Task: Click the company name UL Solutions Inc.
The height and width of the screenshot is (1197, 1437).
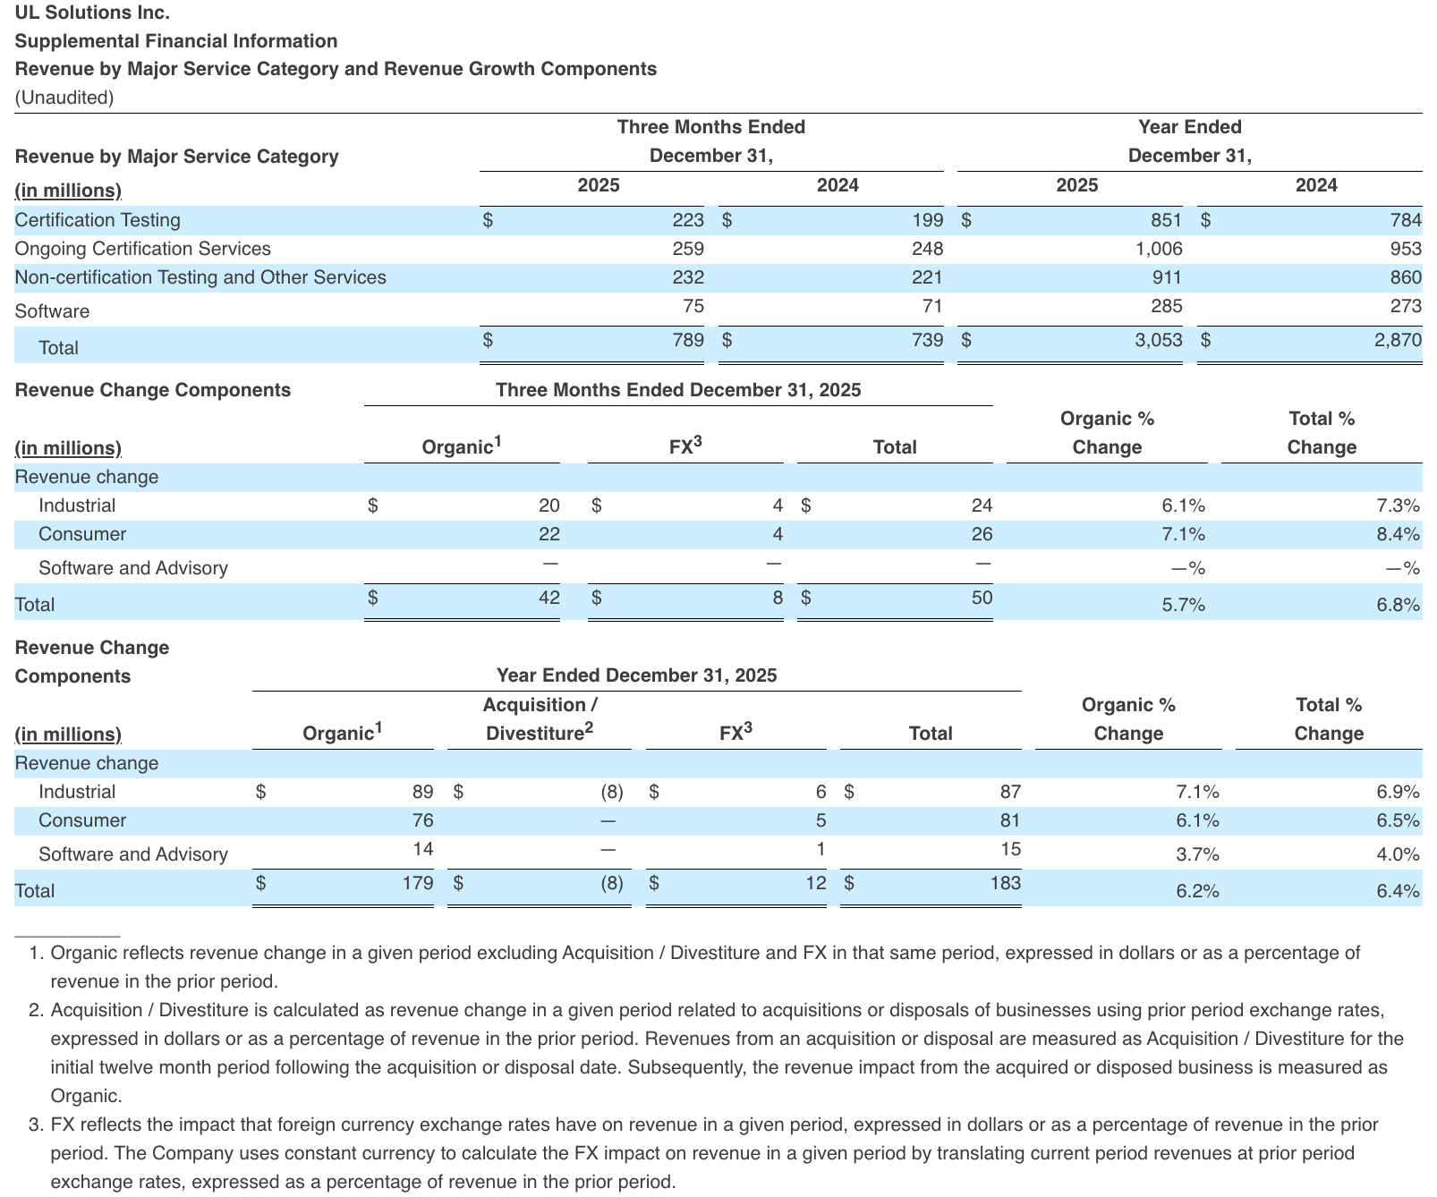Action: [x=92, y=13]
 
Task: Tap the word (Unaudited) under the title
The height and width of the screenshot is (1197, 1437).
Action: [x=64, y=98]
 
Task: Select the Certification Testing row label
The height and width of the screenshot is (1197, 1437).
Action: [x=98, y=220]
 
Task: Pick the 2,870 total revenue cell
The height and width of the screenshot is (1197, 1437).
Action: [x=1398, y=340]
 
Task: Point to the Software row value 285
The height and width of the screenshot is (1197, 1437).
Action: [x=1166, y=306]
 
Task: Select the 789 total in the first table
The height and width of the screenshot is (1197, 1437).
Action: [x=688, y=340]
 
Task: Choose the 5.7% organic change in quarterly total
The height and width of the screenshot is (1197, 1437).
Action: [x=1183, y=605]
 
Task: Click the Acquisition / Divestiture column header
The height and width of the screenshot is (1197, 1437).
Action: [x=540, y=719]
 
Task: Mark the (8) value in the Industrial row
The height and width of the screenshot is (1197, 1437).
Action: [x=612, y=792]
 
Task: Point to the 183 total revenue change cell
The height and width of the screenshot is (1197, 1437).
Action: [x=1006, y=883]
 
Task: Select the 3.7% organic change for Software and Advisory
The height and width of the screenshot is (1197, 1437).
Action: [x=1197, y=854]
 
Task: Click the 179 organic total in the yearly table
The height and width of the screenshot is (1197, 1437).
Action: [x=418, y=883]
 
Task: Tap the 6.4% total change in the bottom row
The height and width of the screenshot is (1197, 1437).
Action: [x=1398, y=891]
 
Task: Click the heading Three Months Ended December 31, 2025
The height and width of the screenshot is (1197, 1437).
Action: [x=678, y=390]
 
